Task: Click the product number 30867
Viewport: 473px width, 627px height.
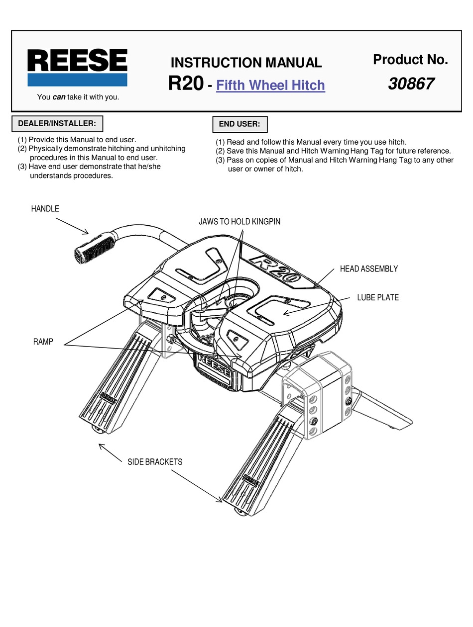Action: click(411, 84)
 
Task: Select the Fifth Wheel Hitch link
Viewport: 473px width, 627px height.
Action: click(270, 85)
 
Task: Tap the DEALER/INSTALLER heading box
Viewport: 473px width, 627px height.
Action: click(56, 123)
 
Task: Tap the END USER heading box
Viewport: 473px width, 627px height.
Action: click(239, 124)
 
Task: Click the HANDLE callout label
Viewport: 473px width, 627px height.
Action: click(45, 209)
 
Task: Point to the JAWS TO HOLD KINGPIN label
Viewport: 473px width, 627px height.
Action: click(239, 221)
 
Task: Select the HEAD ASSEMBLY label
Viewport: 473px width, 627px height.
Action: click(368, 269)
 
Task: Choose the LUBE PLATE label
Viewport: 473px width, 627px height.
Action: click(377, 298)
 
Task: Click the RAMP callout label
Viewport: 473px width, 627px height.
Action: click(43, 342)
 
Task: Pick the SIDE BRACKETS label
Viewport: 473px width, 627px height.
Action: click(155, 462)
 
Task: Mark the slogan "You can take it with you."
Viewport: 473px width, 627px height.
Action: click(78, 97)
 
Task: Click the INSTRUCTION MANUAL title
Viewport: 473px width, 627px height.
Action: click(246, 63)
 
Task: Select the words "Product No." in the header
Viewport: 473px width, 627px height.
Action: click(410, 60)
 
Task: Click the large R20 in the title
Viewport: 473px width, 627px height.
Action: click(185, 83)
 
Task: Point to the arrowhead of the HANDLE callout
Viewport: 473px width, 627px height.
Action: click(87, 233)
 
